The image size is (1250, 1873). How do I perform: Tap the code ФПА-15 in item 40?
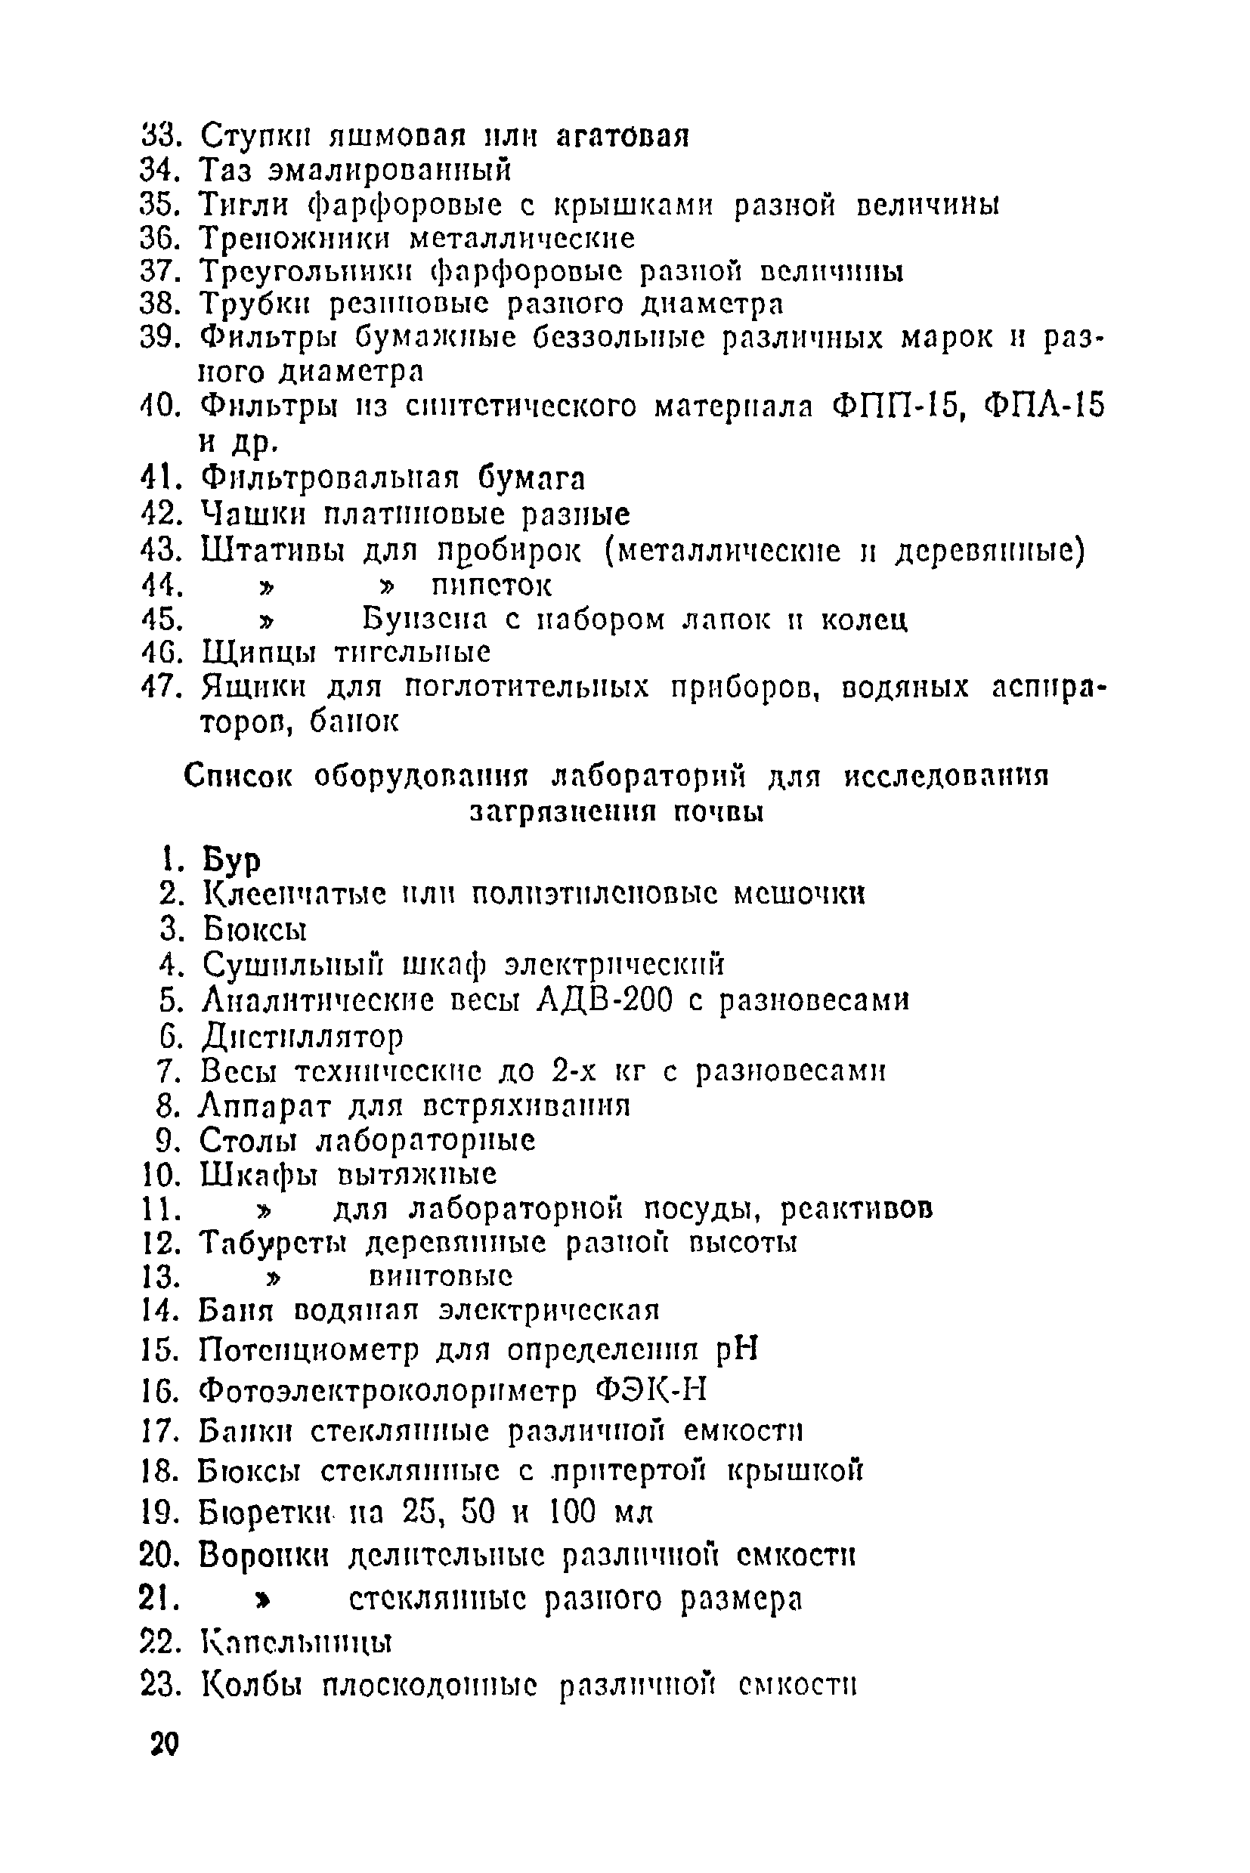point(1045,406)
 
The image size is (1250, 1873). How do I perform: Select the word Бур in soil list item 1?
point(231,860)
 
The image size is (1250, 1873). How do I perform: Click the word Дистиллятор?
point(302,1036)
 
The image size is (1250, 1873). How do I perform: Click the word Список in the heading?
point(238,774)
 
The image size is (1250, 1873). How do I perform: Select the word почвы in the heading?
point(718,812)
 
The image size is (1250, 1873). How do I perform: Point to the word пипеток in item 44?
point(491,586)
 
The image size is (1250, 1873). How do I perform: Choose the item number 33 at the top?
point(162,135)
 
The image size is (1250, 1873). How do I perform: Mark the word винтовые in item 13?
point(441,1277)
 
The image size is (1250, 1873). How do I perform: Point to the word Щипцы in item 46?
point(258,652)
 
